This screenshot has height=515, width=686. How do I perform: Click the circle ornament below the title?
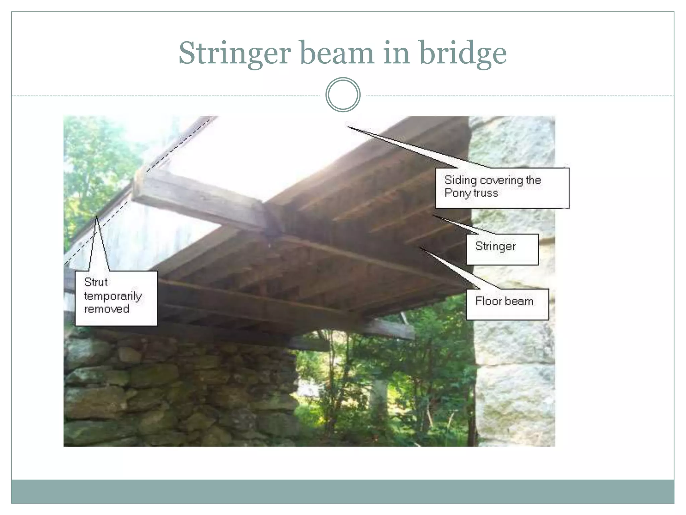click(x=343, y=95)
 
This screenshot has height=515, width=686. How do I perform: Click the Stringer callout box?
click(x=502, y=249)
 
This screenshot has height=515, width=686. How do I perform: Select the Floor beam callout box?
click(x=507, y=304)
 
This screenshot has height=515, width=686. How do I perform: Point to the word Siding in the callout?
click(x=460, y=180)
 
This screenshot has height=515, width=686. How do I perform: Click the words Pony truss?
click(x=471, y=193)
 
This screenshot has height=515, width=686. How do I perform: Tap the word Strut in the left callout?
click(x=96, y=282)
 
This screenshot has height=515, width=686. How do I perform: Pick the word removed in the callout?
click(x=107, y=309)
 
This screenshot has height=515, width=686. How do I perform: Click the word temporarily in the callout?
click(x=113, y=296)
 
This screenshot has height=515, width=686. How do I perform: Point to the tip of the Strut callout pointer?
click(x=96, y=216)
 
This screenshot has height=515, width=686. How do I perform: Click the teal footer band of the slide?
click(x=343, y=491)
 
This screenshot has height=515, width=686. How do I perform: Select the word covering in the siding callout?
click(x=501, y=180)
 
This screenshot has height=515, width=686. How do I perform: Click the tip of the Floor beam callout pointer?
click(x=420, y=248)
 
